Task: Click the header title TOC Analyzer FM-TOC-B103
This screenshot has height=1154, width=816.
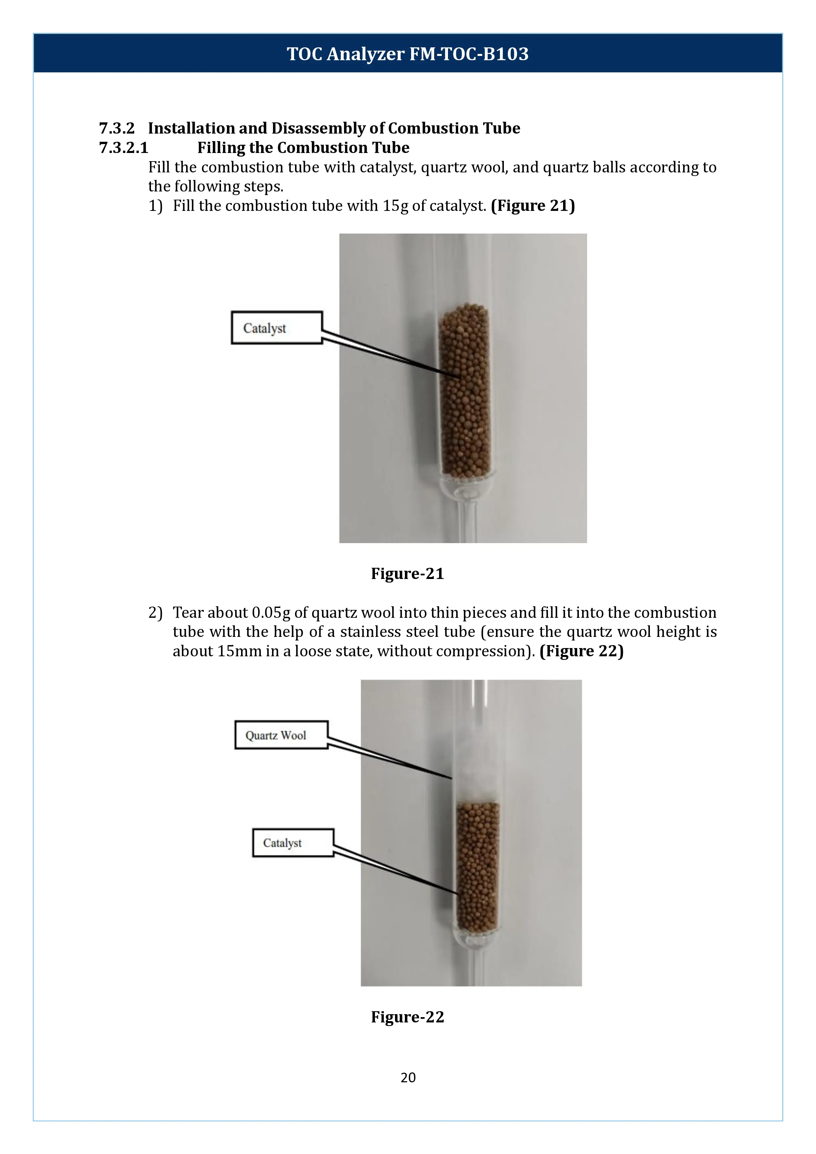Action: click(408, 54)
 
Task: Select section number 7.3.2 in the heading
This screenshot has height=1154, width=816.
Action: click(116, 128)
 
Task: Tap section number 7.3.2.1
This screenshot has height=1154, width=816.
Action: click(124, 148)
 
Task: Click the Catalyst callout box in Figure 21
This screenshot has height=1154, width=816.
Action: click(276, 328)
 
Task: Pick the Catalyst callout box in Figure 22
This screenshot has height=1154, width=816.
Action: click(293, 843)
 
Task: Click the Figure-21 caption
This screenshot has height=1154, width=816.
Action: click(408, 573)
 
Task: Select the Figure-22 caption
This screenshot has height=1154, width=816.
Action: click(408, 1017)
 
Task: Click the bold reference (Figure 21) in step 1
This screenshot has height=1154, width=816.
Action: click(532, 206)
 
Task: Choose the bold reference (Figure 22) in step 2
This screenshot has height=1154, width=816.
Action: click(581, 651)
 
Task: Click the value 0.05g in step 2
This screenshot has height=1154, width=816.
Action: click(271, 613)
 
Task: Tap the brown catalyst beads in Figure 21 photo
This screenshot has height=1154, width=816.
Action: click(464, 392)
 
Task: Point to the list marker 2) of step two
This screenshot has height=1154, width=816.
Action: click(155, 613)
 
